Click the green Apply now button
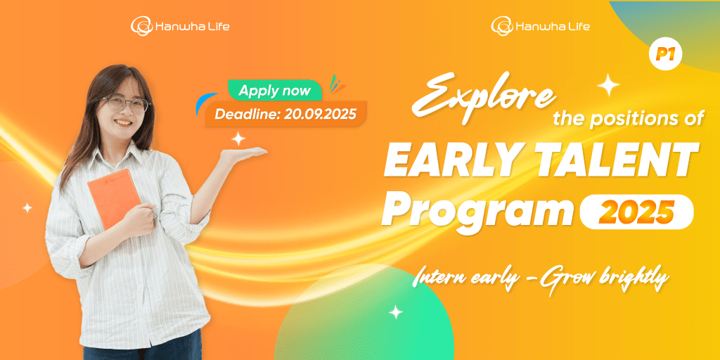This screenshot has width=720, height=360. [275, 91]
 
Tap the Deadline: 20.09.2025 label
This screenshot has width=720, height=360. [285, 114]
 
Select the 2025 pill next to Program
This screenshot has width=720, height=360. [636, 212]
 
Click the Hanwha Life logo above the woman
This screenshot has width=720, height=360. [179, 25]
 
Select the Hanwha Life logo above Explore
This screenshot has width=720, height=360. [540, 25]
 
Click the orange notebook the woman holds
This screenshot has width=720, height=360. [113, 198]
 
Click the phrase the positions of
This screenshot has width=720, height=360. [628, 119]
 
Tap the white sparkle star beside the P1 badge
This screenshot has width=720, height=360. [608, 84]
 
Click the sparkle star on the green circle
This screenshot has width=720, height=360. [395, 312]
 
